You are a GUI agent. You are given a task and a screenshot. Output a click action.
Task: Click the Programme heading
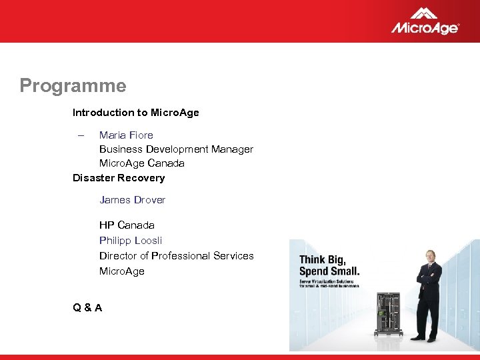pos(73,86)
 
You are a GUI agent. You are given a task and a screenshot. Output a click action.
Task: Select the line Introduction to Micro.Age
pos(135,113)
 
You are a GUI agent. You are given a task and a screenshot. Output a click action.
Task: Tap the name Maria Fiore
pos(126,135)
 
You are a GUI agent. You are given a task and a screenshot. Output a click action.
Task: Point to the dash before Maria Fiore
pos(80,135)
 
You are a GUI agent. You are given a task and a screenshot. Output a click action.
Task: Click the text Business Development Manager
pos(176,149)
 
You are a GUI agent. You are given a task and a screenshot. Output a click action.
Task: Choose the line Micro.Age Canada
pos(141,163)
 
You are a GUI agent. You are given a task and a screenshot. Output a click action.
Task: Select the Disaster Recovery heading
pos(118,178)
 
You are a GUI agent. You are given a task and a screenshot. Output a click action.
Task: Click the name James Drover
pos(132,200)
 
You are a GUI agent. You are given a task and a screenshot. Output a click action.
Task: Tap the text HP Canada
pos(127,225)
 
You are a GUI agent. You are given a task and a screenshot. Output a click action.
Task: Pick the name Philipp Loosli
pos(131,241)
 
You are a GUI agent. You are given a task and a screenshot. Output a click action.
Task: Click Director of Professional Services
pos(176,256)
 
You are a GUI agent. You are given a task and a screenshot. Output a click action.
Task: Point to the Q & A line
pos(87,307)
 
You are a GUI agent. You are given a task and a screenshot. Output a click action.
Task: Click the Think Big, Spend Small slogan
pos(329,265)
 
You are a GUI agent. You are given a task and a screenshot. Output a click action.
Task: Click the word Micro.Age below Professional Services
pos(121,271)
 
